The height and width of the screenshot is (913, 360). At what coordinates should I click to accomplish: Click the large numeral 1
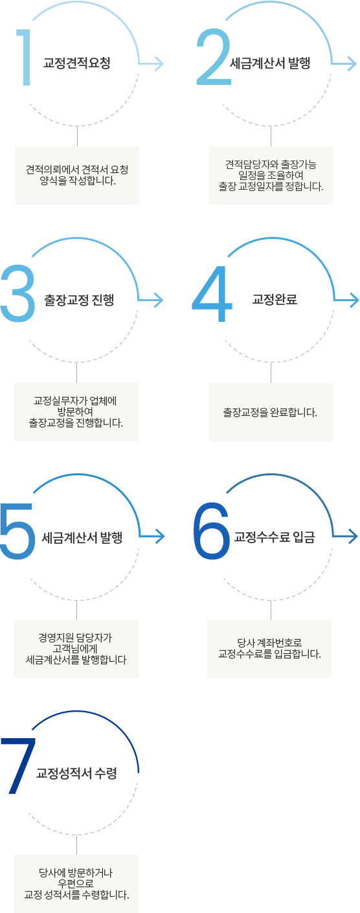pos(26,57)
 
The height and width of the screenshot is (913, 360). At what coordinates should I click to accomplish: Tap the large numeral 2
pos(213,57)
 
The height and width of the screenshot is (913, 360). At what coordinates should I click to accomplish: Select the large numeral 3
pos(17,293)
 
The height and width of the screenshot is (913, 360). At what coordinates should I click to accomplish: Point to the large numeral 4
pos(212,294)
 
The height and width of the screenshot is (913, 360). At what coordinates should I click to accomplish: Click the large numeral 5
pos(17,531)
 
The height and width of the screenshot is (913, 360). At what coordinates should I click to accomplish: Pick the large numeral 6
pos(211,530)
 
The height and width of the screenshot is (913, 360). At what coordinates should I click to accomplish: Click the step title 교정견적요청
pos(77,63)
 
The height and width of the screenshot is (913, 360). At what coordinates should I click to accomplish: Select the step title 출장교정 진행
pos(79,300)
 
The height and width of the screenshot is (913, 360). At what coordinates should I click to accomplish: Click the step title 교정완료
pos(275,300)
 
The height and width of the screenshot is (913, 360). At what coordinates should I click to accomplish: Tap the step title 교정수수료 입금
pos(275,537)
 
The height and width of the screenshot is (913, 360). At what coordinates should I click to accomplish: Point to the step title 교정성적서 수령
pos(76,773)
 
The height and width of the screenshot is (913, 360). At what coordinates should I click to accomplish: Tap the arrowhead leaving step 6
pos(352,536)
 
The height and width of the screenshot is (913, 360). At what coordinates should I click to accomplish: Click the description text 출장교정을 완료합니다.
pos(270,412)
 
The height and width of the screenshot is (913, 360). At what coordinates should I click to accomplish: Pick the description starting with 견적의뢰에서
pos(77,175)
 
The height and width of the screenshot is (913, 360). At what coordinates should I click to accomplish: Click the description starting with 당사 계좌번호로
pos(269,648)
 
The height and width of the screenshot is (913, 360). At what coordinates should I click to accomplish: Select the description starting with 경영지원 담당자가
pos(76,648)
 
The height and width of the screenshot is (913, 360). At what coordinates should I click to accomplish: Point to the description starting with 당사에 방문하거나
pos(76,884)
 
